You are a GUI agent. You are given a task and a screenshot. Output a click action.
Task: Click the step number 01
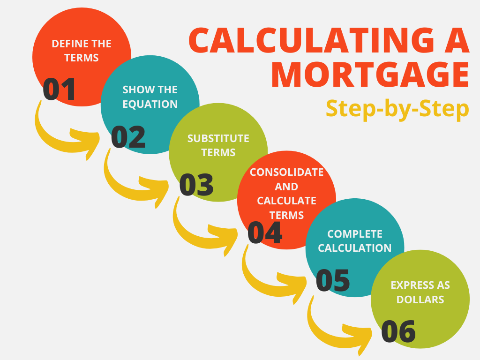click(59, 90)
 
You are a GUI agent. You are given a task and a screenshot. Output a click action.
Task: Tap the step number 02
click(128, 137)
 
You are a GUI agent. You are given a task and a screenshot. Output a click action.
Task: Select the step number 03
click(196, 185)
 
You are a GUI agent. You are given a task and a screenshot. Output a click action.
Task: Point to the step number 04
click(265, 232)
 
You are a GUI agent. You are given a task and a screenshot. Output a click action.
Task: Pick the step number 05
click(333, 280)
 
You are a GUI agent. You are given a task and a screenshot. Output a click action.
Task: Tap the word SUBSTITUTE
click(218, 138)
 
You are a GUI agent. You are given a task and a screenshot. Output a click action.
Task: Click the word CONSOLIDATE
click(286, 172)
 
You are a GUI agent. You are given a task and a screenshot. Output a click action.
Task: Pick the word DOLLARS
click(420, 299)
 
